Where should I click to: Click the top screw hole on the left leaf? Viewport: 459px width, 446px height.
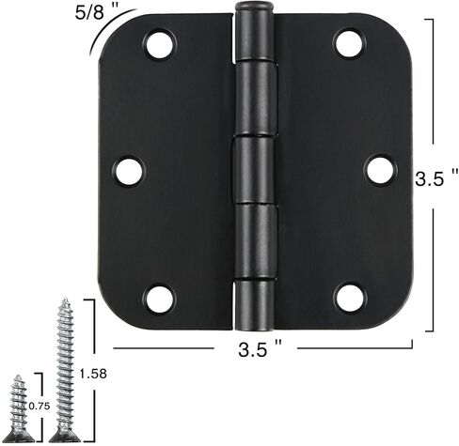159,44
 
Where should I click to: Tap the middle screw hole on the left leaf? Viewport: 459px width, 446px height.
129,171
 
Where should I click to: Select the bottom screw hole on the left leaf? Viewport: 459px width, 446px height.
159,299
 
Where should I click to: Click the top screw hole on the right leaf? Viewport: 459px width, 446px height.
349,43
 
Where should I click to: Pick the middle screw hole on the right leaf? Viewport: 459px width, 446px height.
380,170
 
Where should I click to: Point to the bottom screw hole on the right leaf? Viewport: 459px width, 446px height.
350,298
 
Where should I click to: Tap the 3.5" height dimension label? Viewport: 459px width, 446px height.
435,177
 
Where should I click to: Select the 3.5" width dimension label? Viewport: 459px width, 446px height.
259,352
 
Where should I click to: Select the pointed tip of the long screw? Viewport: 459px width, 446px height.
65,301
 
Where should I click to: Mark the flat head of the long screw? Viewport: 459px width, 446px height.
64,436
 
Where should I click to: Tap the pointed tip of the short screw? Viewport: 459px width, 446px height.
18,377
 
